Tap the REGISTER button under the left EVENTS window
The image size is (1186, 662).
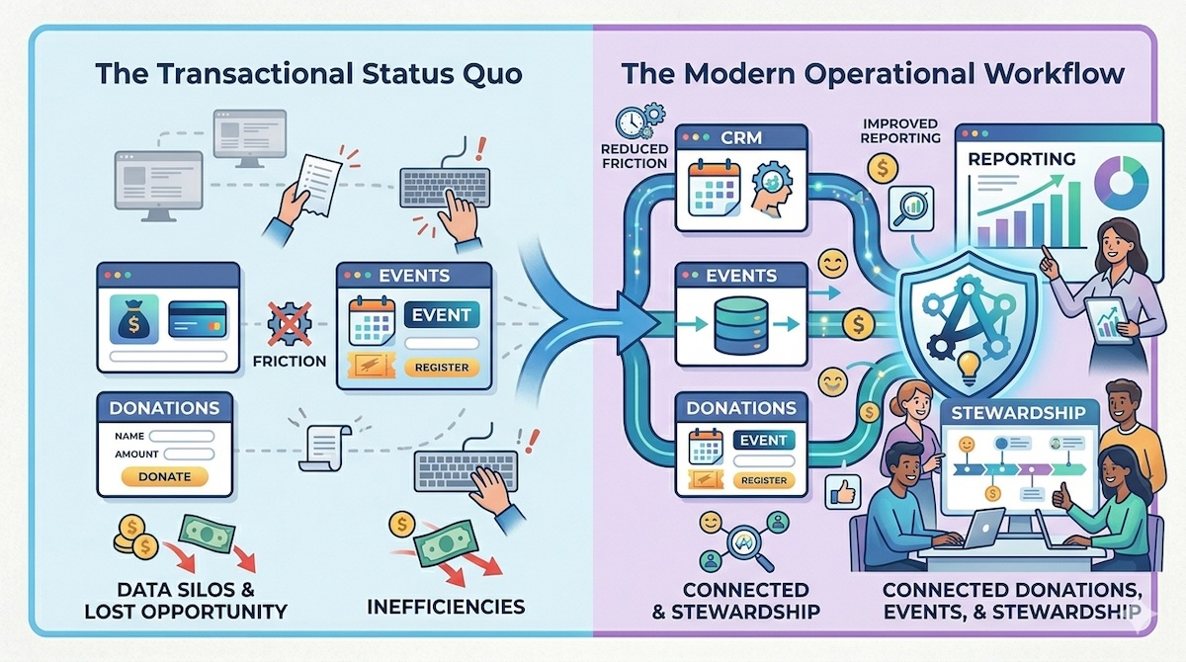(x=442, y=367)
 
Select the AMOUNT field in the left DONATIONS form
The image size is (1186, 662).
(x=188, y=454)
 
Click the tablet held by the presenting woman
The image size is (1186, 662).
(x=1105, y=321)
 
